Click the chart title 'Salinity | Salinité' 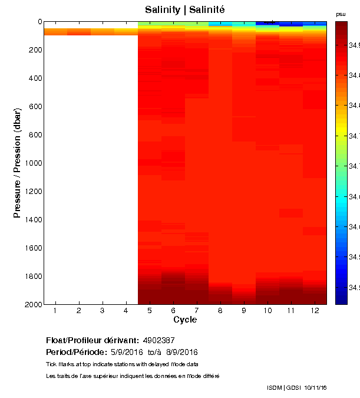pyautogui.click(x=185, y=10)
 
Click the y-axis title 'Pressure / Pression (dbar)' pyautogui.click(x=18, y=163)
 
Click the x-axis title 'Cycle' pyautogui.click(x=185, y=320)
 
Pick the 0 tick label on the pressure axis pyautogui.click(x=39, y=22)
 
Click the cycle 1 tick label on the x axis pyautogui.click(x=55, y=311)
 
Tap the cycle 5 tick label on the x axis pyautogui.click(x=150, y=311)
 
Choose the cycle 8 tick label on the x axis pyautogui.click(x=220, y=311)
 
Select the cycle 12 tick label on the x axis pyautogui.click(x=315, y=311)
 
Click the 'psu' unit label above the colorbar pyautogui.click(x=341, y=14)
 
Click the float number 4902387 pyautogui.click(x=159, y=341)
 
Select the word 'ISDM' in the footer pyautogui.click(x=274, y=387)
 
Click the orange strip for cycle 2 pyautogui.click(x=79, y=32)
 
